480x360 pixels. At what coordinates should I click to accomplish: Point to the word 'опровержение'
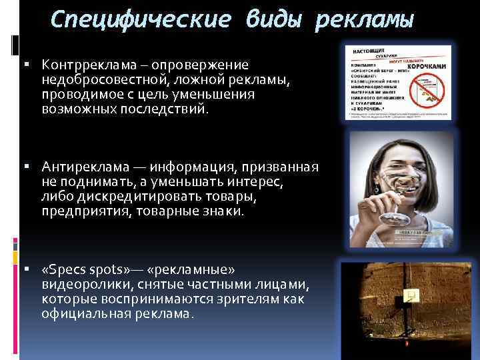point(200,65)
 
